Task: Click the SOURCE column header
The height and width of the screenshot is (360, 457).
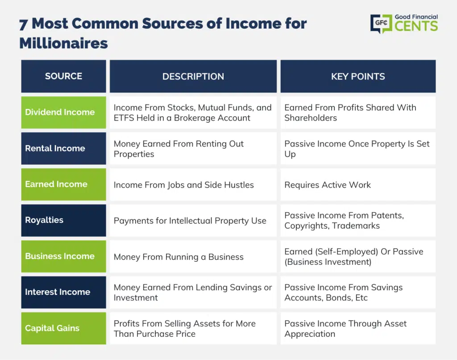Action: (x=63, y=76)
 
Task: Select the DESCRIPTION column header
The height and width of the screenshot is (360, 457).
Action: (x=193, y=76)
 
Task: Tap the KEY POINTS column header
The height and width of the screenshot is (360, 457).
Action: (x=358, y=76)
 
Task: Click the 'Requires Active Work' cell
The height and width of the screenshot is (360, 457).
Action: (x=358, y=184)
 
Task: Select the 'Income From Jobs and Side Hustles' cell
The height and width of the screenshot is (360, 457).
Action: (x=193, y=184)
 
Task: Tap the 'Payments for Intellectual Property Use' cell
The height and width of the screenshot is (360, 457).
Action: (x=193, y=220)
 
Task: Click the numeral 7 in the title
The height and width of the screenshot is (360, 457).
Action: (x=24, y=25)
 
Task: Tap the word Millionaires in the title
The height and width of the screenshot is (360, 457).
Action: (x=63, y=43)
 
